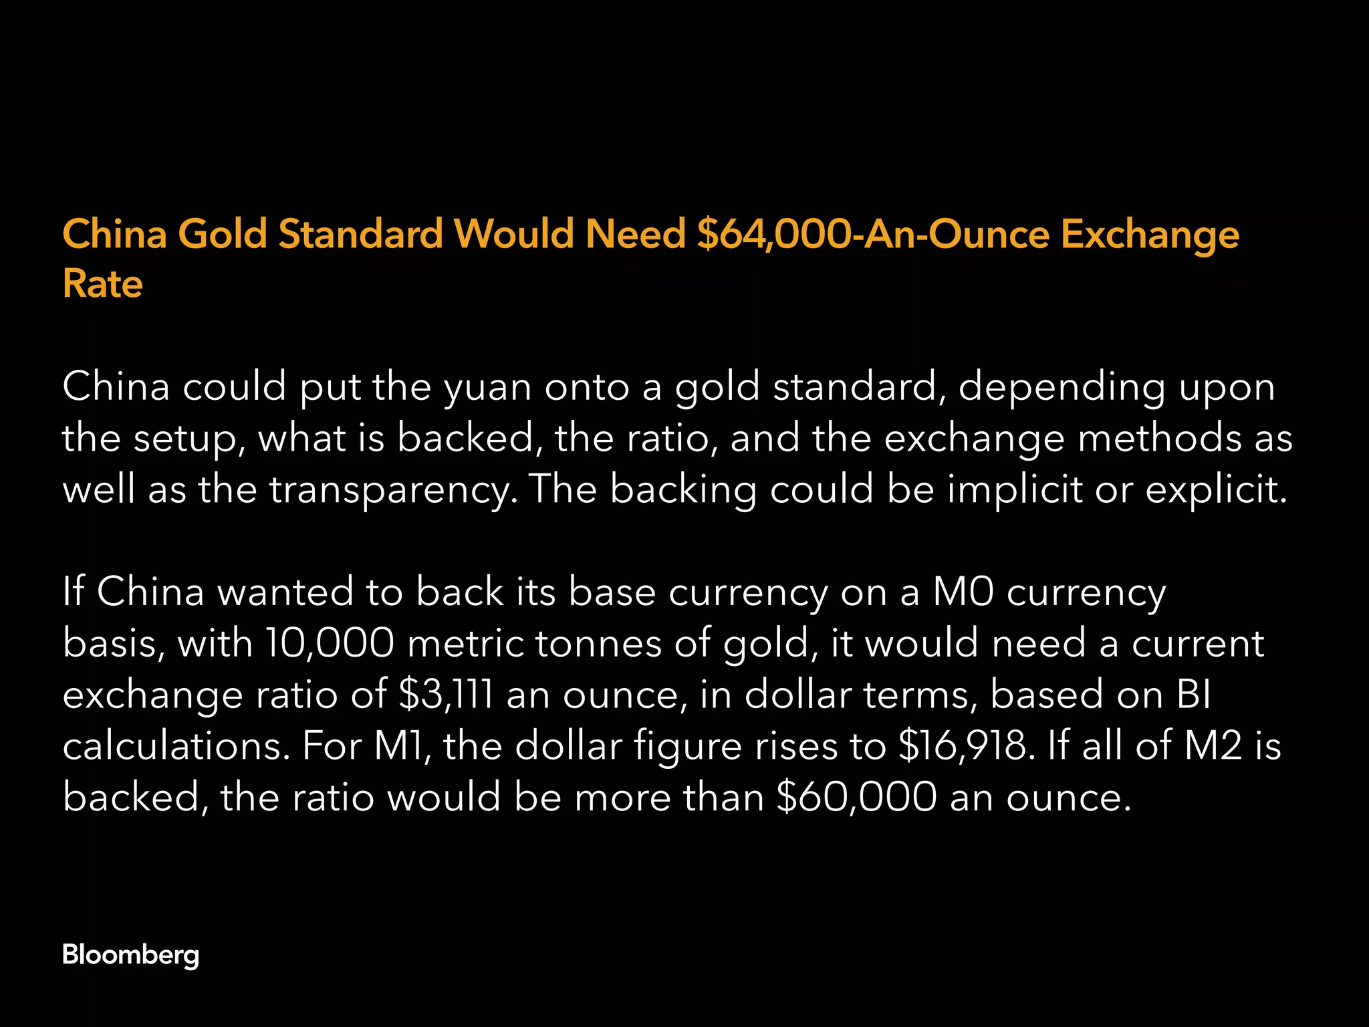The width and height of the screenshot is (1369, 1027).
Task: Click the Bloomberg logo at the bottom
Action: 130,954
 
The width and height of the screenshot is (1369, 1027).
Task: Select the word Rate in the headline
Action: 102,284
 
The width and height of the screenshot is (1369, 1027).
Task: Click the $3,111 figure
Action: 446,695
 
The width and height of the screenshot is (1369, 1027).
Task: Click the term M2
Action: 1213,746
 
